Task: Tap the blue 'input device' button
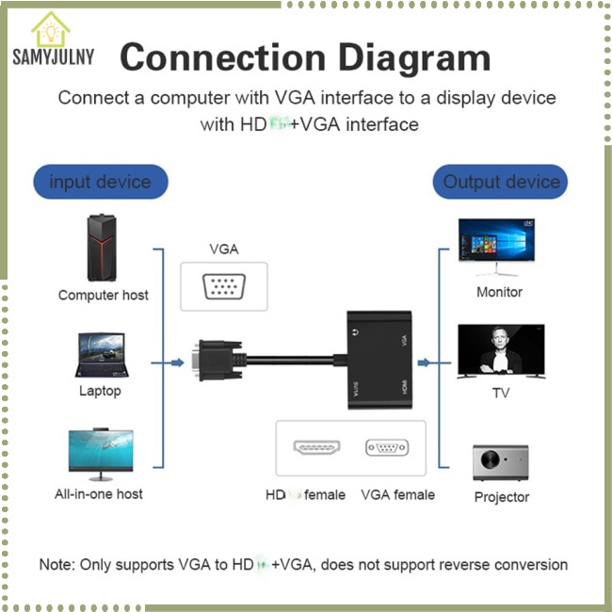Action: click(100, 182)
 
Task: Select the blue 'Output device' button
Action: click(501, 182)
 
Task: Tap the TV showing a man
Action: click(500, 351)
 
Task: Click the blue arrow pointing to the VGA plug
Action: click(176, 362)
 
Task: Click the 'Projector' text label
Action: click(501, 497)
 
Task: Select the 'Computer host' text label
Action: click(103, 295)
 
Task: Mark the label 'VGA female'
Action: click(397, 494)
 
